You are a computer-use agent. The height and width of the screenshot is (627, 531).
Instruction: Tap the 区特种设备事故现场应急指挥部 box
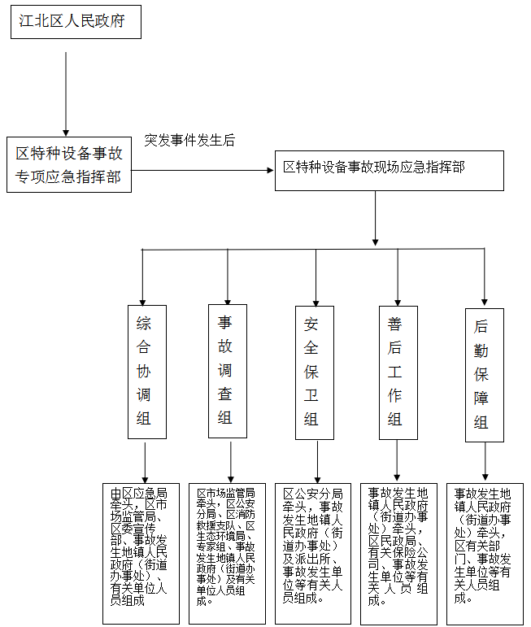coord(373,168)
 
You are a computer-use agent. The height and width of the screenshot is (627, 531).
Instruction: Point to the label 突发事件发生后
coord(189,140)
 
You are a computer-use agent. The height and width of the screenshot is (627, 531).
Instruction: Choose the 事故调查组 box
coord(225,370)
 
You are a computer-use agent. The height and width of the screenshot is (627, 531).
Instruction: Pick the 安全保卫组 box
coord(311,372)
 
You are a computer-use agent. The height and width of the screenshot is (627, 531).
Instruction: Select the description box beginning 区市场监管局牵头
coord(226,554)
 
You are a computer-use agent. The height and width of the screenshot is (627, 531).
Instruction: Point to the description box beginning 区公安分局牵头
coord(312,554)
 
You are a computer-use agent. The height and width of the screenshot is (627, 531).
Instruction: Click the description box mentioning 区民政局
coord(398,554)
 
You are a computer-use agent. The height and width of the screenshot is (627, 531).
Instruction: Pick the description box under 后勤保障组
coord(484,554)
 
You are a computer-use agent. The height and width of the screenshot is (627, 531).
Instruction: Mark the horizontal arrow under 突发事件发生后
coord(202,171)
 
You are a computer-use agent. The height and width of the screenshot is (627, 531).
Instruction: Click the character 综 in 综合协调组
coord(144,322)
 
